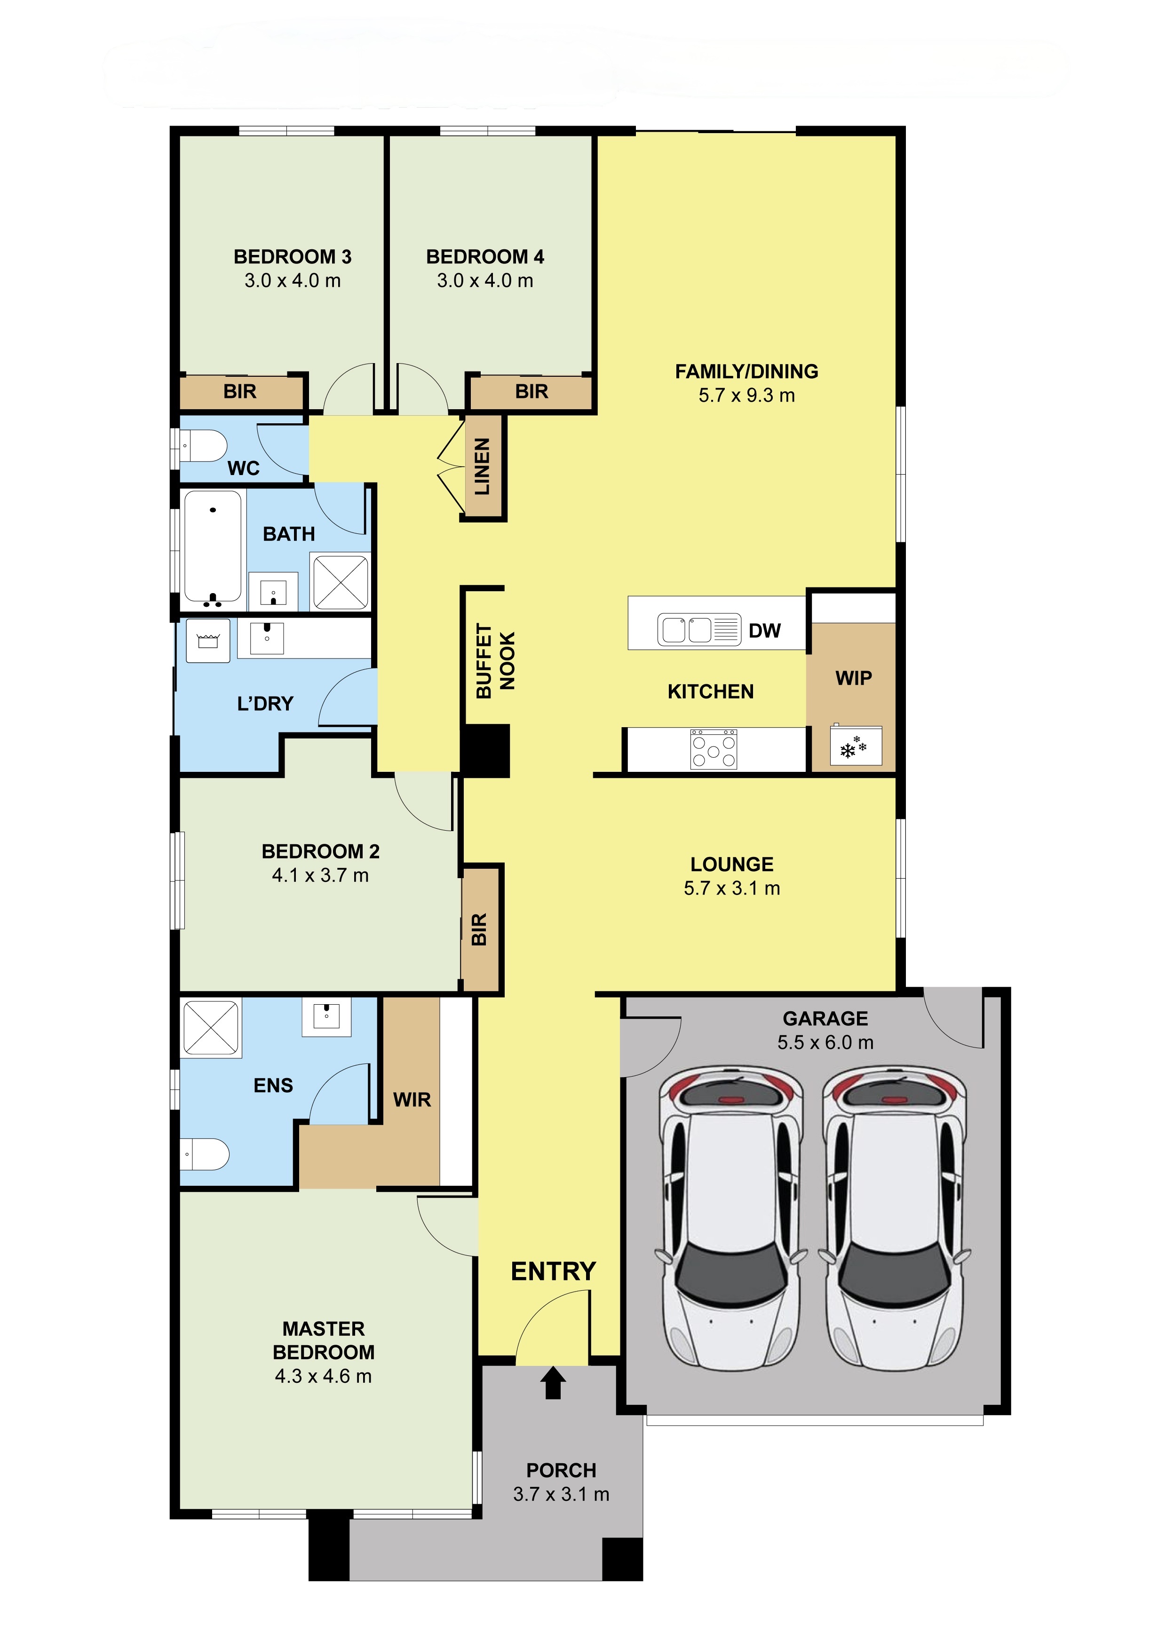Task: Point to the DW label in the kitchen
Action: (764, 631)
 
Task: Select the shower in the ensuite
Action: (211, 1028)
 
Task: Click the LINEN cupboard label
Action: (482, 467)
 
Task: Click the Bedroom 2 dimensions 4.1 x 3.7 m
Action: (320, 875)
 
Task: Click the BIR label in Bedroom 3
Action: (240, 392)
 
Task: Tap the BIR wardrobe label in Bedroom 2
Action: (479, 929)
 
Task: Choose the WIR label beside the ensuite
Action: (412, 1100)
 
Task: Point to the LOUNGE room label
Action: (732, 864)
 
